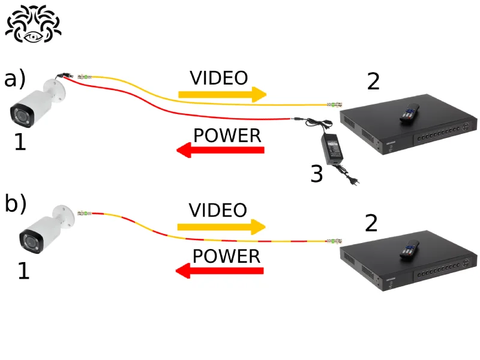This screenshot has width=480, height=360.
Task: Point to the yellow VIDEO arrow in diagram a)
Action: click(222, 94)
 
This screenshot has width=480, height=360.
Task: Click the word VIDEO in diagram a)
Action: click(218, 78)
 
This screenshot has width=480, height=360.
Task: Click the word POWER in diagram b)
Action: click(226, 256)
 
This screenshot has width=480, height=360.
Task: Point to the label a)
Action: click(15, 79)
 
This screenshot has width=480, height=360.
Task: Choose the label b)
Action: click(16, 204)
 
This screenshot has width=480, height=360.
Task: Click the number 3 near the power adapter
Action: click(316, 174)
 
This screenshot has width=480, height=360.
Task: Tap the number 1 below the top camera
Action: click(20, 142)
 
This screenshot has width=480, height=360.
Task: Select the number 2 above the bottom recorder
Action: click(371, 224)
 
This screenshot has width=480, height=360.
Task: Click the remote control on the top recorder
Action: click(410, 112)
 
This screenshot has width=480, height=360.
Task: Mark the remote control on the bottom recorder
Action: click(410, 249)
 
